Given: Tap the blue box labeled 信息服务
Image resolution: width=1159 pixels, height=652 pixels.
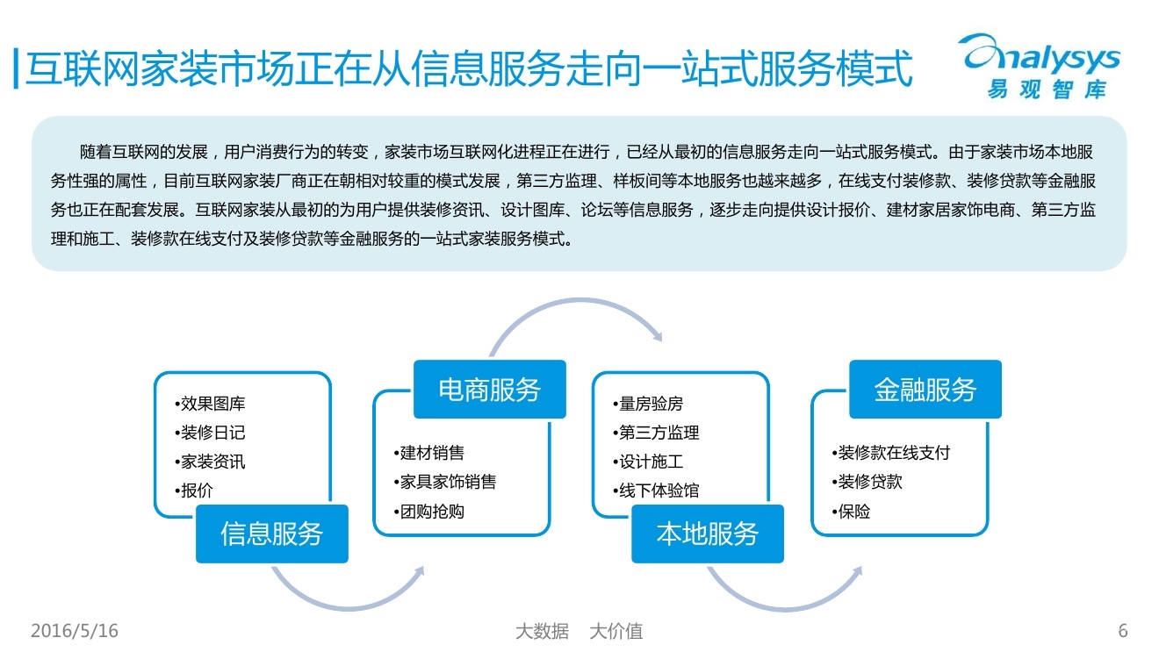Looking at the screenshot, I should coord(271,534).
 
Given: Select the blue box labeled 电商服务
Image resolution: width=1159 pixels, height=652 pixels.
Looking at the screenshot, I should coord(490,390).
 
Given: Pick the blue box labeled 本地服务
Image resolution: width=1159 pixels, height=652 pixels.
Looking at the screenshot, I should coord(708,534).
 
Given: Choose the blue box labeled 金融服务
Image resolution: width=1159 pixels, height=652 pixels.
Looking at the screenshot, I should coord(925,390).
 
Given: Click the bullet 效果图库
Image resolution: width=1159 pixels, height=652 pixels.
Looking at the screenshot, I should coord(212,405).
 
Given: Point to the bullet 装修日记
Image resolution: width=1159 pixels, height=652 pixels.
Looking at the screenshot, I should coord(212,433).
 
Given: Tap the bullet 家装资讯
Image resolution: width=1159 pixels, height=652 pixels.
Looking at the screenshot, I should coord(212,462).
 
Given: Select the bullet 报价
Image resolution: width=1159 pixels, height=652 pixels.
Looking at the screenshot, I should coord(197,491).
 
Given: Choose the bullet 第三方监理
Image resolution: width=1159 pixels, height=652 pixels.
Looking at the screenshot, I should coord(658,433).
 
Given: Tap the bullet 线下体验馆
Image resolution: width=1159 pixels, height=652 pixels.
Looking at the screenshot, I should coord(658,491).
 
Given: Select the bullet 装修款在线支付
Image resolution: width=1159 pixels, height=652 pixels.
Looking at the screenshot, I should coord(892,453).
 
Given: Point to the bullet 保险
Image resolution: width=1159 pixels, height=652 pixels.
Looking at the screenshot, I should coord(853,511).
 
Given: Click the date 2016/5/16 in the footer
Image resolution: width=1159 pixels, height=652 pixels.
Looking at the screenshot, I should coord(75,631).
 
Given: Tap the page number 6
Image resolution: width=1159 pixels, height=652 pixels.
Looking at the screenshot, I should coord(1123,631).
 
